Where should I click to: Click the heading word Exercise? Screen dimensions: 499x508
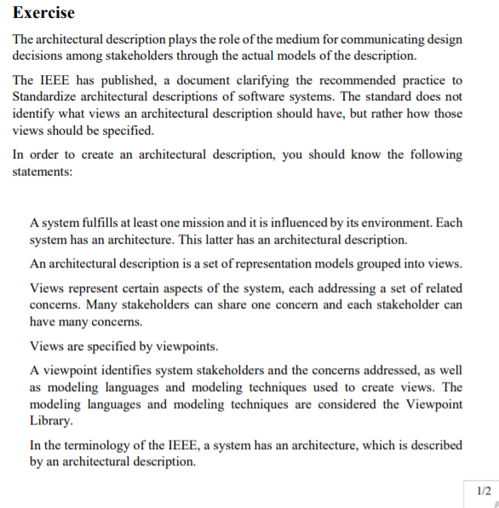point(43,13)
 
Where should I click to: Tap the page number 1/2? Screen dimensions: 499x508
point(483,490)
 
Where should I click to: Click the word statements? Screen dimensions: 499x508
point(42,170)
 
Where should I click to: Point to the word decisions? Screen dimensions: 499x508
point(39,55)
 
